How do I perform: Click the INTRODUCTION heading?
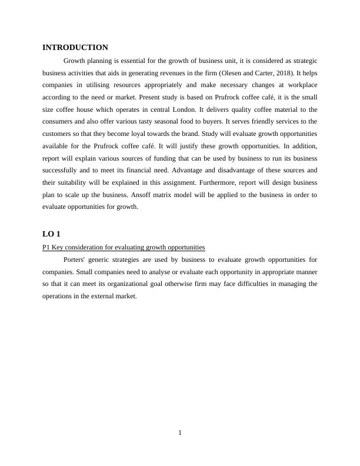(75, 48)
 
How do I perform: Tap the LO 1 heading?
(51, 234)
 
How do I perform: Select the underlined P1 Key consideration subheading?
(124, 247)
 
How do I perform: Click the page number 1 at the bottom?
(180, 433)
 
